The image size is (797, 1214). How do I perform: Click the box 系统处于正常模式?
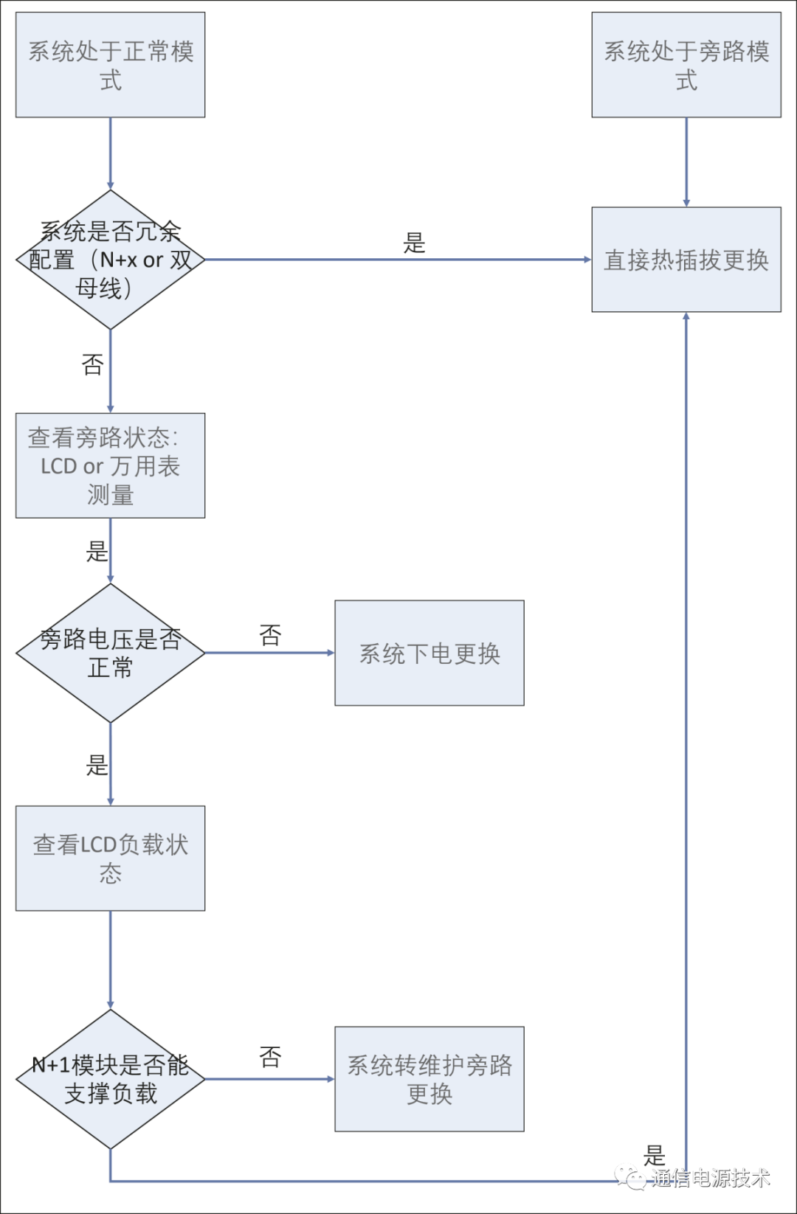(x=110, y=65)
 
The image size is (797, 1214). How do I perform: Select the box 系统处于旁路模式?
(x=686, y=65)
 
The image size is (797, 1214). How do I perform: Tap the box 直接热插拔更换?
(x=686, y=260)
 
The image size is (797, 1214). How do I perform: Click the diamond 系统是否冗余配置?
(x=110, y=260)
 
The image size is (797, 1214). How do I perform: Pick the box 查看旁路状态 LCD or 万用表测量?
(x=110, y=465)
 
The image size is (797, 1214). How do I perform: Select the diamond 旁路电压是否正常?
(x=110, y=653)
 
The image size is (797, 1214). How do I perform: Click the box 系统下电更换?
(x=429, y=653)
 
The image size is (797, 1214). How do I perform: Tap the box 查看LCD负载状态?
(x=110, y=859)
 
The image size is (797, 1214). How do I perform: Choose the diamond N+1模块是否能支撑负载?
(x=110, y=1079)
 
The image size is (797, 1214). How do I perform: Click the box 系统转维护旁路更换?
(x=429, y=1079)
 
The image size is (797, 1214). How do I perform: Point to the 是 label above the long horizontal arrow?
(x=414, y=243)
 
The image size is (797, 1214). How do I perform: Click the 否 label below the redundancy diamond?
(x=92, y=364)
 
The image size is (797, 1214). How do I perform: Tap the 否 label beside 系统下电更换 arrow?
(x=271, y=634)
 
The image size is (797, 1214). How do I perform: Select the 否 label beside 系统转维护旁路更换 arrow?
(x=271, y=1057)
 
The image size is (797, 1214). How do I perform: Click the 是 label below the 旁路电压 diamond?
(x=97, y=766)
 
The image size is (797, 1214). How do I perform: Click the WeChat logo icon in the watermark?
(x=630, y=1176)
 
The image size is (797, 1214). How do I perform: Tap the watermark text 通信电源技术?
(x=710, y=1178)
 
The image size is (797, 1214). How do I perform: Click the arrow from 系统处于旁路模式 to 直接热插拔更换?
(x=686, y=162)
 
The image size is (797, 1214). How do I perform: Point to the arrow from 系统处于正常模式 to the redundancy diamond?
(x=110, y=153)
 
